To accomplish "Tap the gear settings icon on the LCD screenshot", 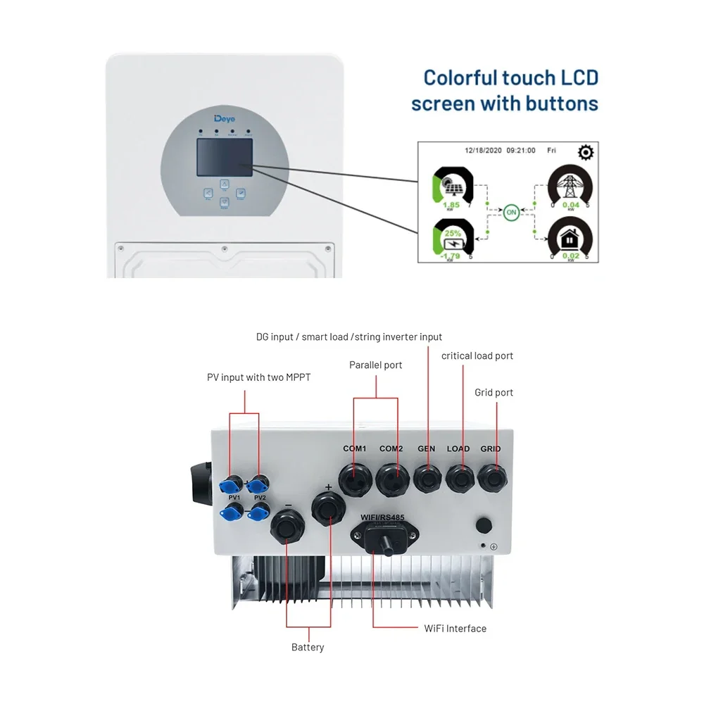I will (586, 153).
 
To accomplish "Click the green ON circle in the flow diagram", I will (512, 210).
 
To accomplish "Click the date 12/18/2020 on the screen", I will (483, 150).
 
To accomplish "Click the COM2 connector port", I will (391, 480).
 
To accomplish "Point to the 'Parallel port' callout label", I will (376, 365).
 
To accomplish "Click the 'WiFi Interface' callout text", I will (455, 628).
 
